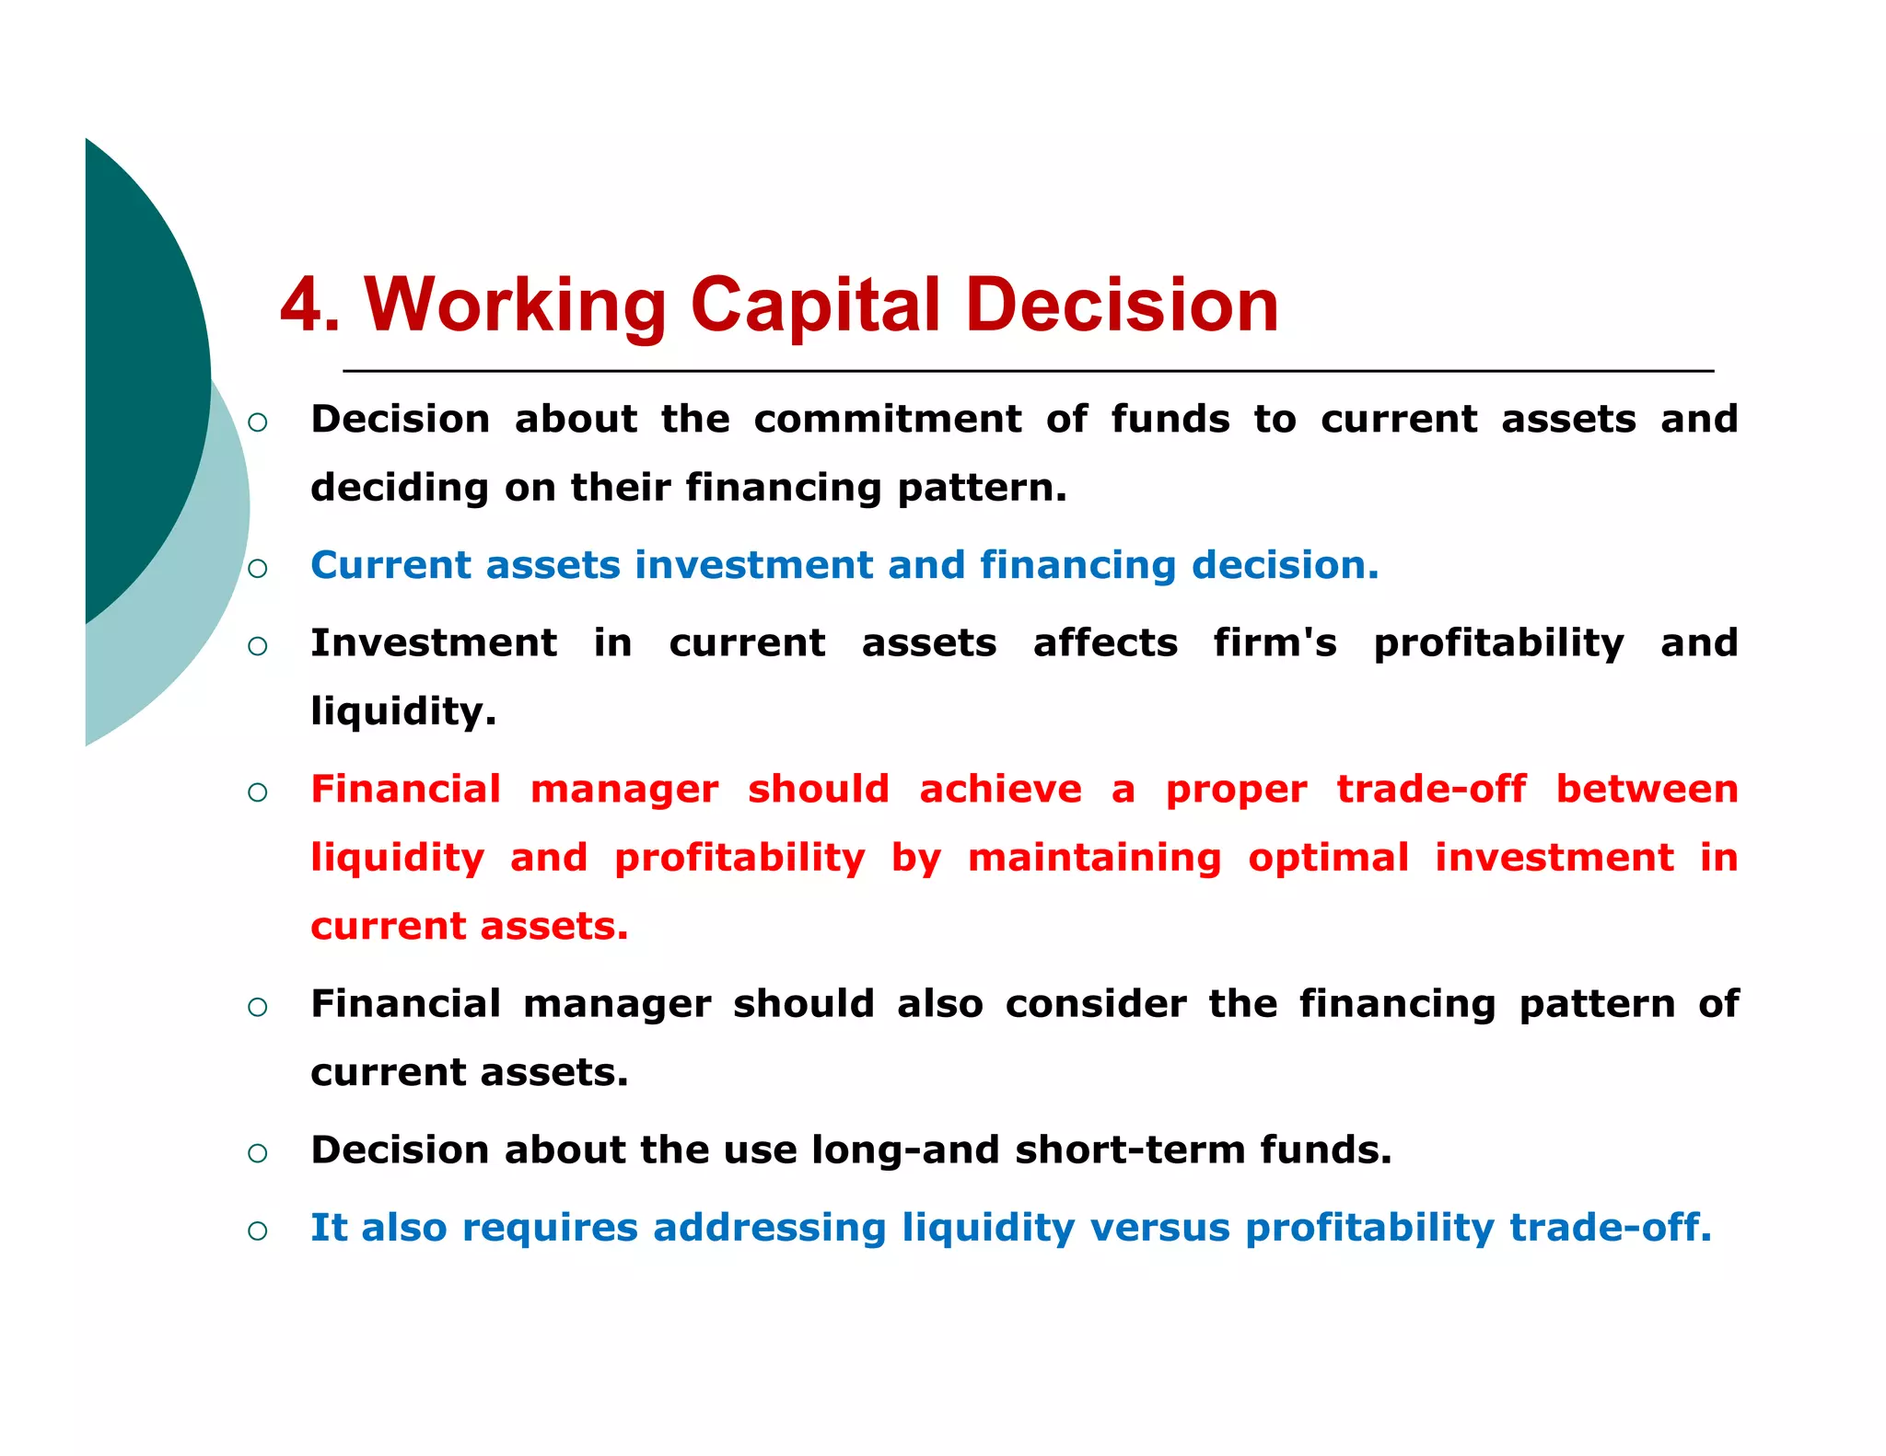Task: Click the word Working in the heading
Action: [515, 306]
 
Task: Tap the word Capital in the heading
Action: [815, 306]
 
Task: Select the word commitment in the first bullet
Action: [887, 420]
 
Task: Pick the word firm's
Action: [1274, 642]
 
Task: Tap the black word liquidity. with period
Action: [402, 711]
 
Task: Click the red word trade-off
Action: [1430, 790]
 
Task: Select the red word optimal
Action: [1328, 858]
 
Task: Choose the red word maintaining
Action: [1094, 858]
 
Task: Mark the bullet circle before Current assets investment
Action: [258, 568]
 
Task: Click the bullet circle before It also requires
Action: [258, 1231]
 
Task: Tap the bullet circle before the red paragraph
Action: [258, 792]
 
